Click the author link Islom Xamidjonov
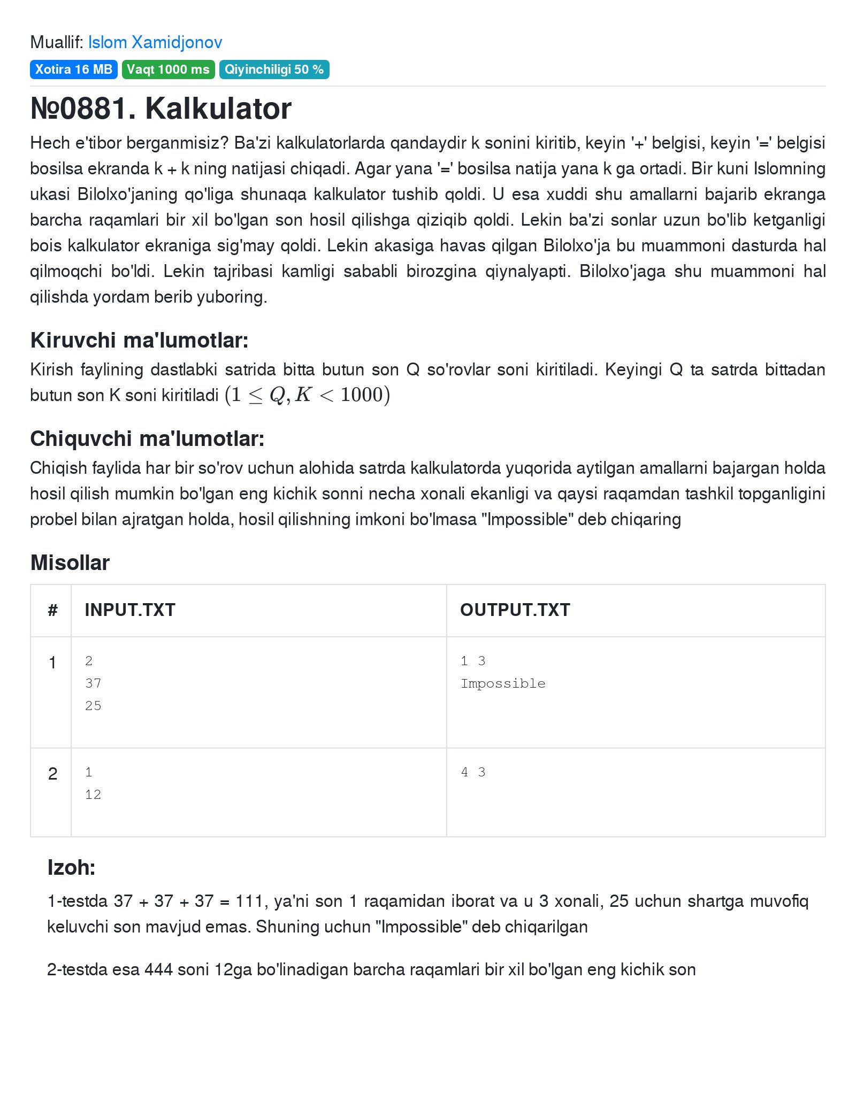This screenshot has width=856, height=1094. pyautogui.click(x=155, y=42)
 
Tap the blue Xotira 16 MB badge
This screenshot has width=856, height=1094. pyautogui.click(x=74, y=70)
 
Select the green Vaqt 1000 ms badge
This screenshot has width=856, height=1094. pyautogui.click(x=168, y=70)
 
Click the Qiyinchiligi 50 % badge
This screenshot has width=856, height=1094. pyautogui.click(x=274, y=70)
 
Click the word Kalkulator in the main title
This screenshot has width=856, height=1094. pyautogui.click(x=218, y=109)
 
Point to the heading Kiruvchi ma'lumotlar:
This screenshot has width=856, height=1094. pyautogui.click(x=139, y=340)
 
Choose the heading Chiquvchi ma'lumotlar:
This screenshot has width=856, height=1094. pyautogui.click(x=147, y=438)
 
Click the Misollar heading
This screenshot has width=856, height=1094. pyautogui.click(x=70, y=563)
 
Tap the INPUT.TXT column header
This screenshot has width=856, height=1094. pyautogui.click(x=130, y=610)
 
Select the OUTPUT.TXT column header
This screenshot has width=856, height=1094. pyautogui.click(x=515, y=610)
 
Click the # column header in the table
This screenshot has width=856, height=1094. pyautogui.click(x=52, y=610)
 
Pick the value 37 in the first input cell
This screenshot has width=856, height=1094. pyautogui.click(x=93, y=683)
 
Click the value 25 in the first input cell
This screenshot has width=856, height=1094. pyautogui.click(x=93, y=706)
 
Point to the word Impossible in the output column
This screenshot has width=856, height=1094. pyautogui.click(x=503, y=683)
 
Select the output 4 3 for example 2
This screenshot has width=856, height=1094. pyautogui.click(x=473, y=772)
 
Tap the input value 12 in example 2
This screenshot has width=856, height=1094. pyautogui.click(x=93, y=795)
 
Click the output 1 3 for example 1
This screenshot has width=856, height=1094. pyautogui.click(x=473, y=661)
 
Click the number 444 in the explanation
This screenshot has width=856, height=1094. pyautogui.click(x=160, y=969)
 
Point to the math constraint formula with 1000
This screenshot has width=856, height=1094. pyautogui.click(x=308, y=395)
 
